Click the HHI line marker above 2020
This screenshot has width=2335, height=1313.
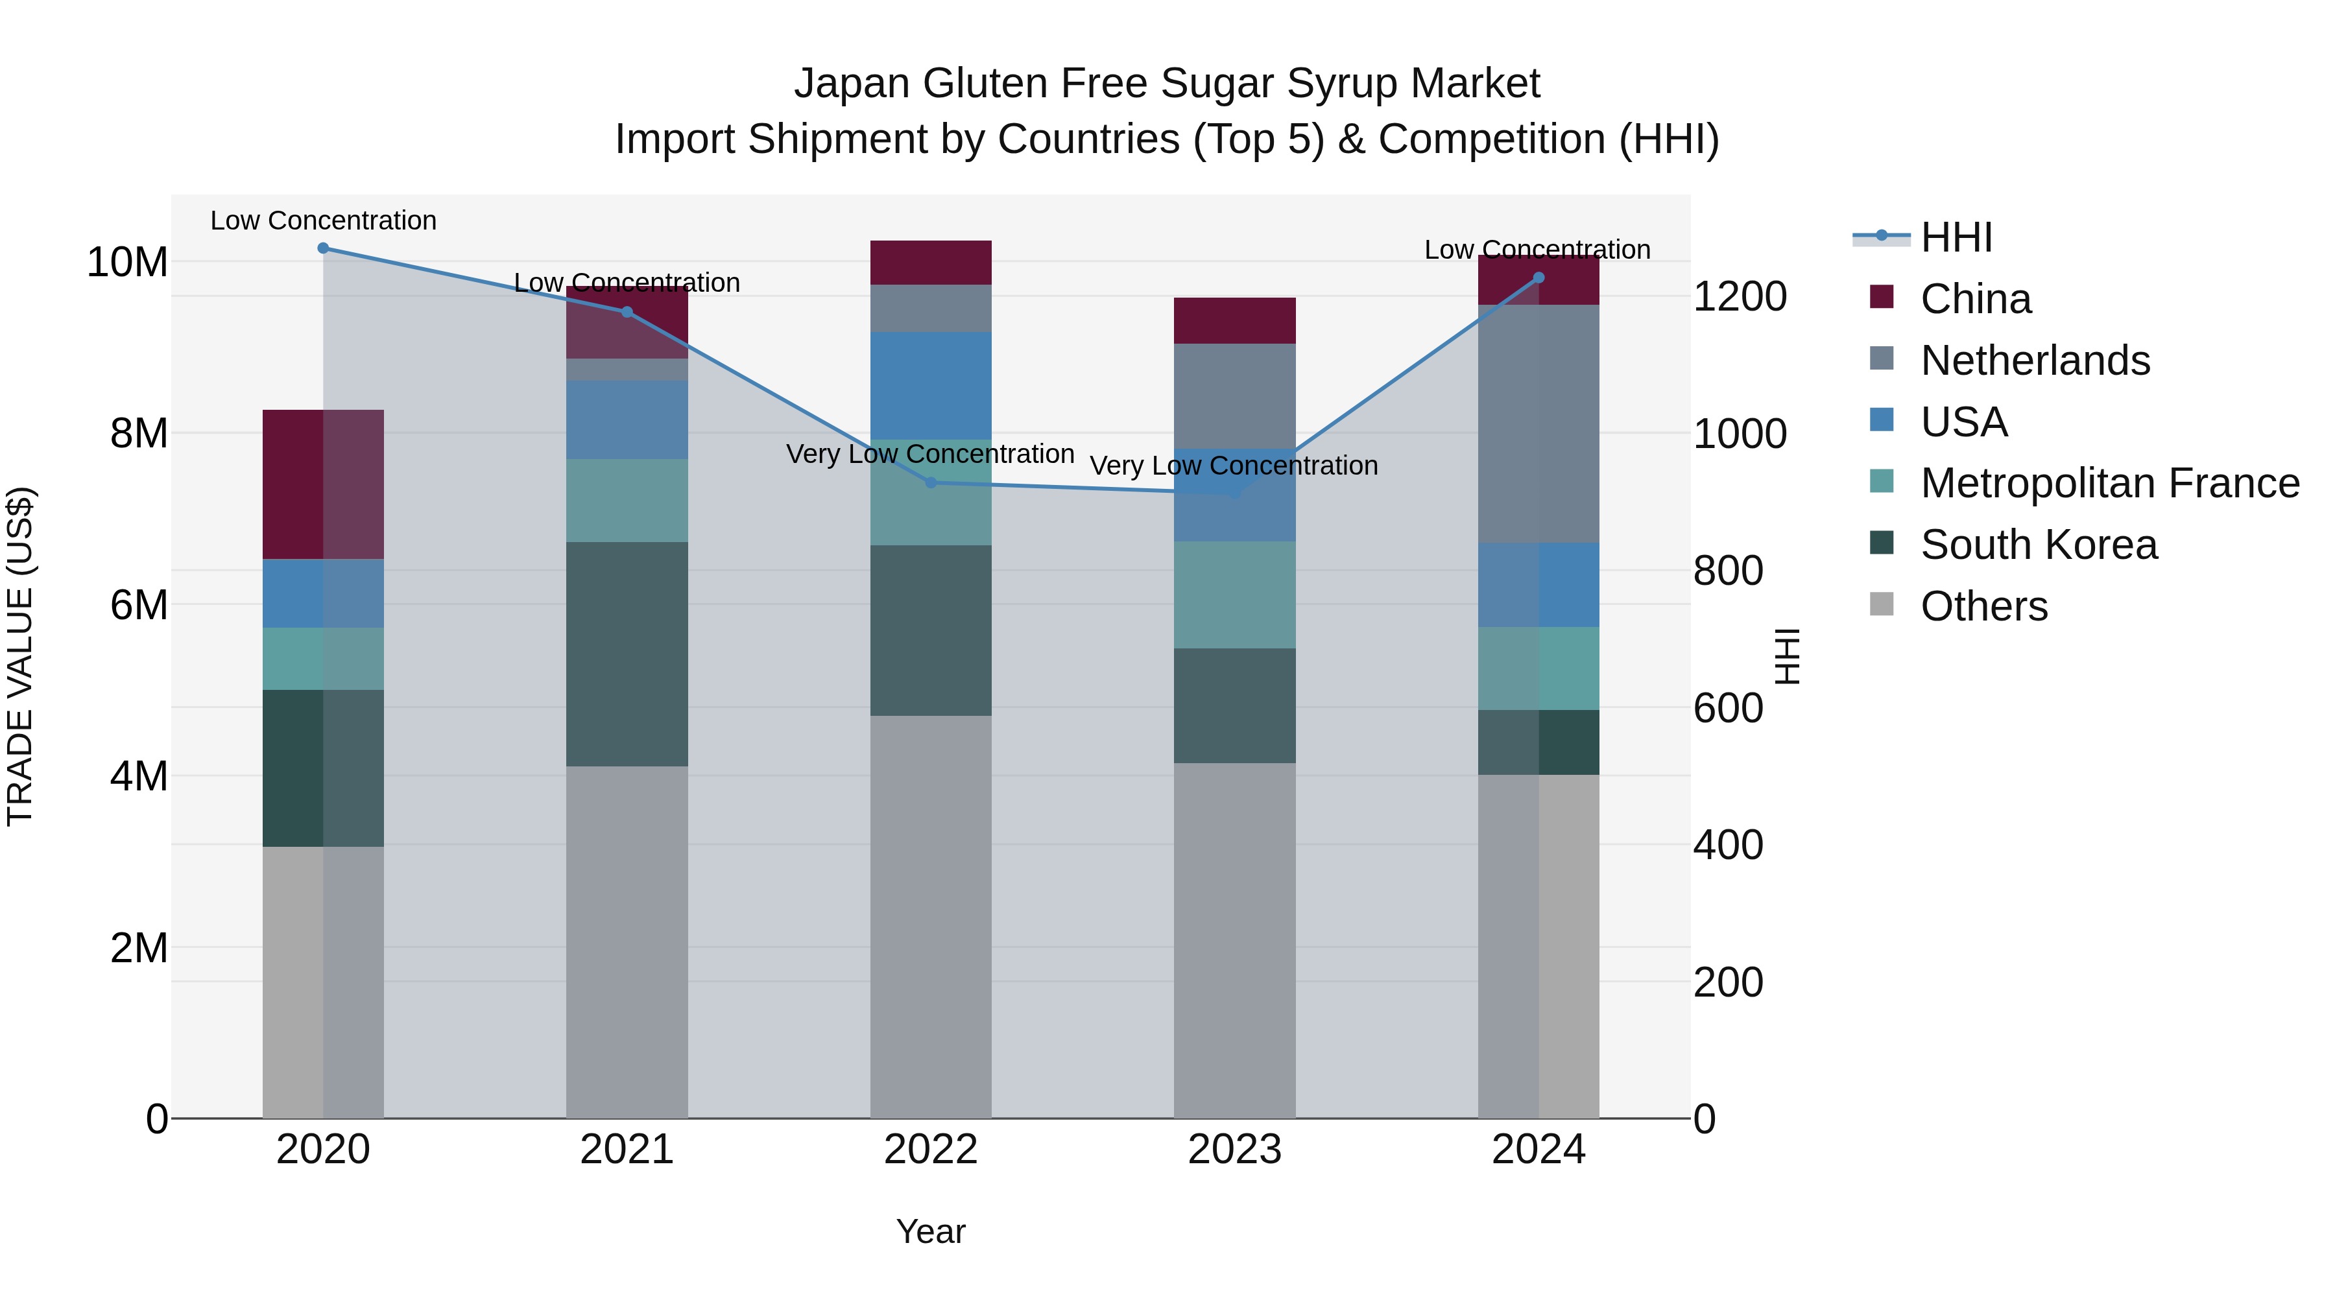point(323,248)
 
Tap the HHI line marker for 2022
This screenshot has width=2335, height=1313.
point(930,483)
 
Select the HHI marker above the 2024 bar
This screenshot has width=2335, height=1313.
point(1539,278)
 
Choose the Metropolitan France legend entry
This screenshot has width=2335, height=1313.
point(2109,483)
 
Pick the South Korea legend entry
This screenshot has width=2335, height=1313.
point(2038,545)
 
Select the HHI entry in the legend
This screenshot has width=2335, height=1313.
point(1956,237)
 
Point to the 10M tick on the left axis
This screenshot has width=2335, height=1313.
point(127,263)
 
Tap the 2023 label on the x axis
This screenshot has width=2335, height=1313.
point(1234,1150)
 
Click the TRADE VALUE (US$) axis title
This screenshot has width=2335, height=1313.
point(20,656)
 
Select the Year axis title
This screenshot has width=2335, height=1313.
point(930,1231)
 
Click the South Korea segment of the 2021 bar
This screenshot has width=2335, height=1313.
point(627,654)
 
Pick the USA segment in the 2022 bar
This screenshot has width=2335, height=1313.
point(930,386)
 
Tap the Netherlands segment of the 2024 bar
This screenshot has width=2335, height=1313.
point(1539,424)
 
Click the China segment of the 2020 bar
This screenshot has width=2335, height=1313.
point(323,485)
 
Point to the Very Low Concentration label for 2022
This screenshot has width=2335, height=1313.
point(930,454)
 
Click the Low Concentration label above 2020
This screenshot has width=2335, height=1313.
point(323,221)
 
